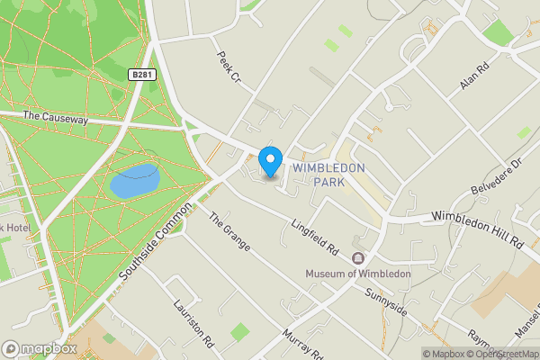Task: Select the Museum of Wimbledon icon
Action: coord(358,258)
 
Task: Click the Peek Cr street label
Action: coord(229,67)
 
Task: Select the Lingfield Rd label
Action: coord(314,236)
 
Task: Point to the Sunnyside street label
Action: coord(387,301)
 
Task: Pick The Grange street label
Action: coord(229,232)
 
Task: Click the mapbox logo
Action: coord(39,348)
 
